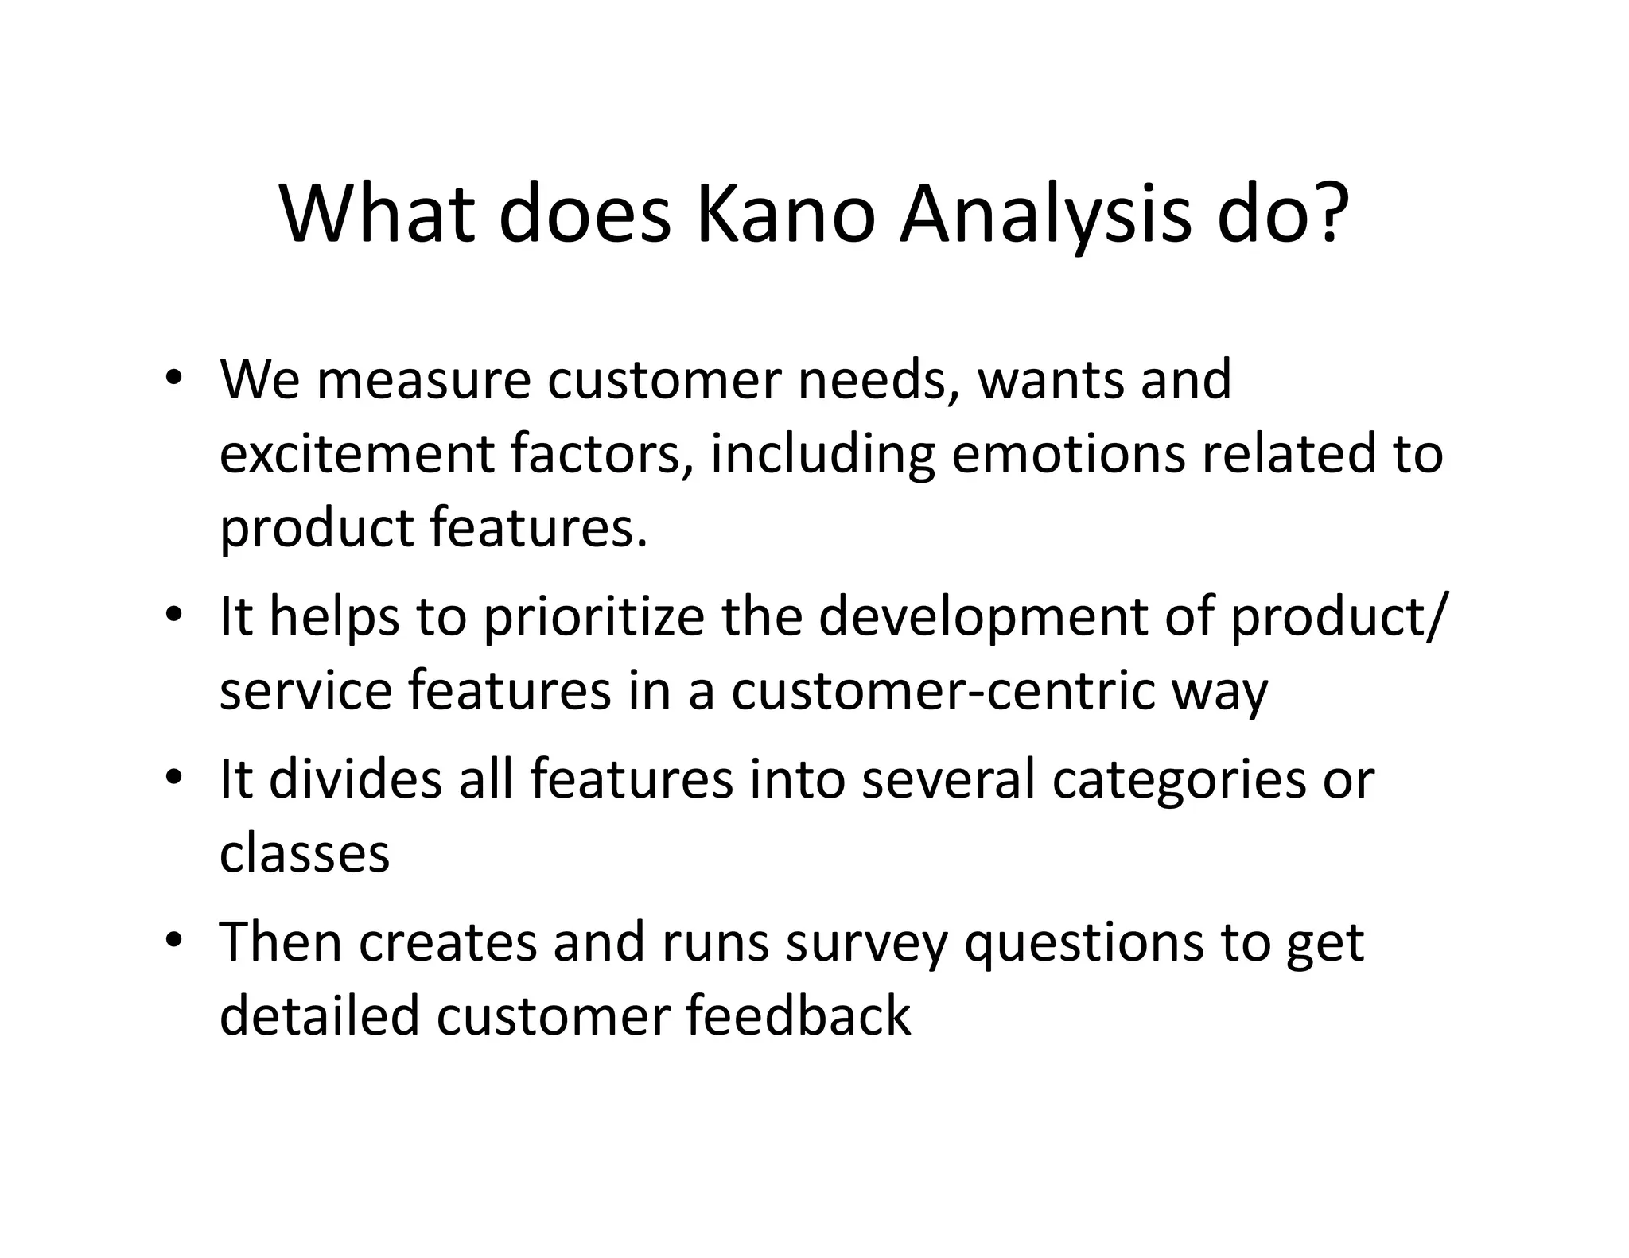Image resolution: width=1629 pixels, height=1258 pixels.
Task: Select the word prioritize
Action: pos(593,618)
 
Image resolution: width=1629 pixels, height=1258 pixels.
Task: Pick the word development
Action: pos(983,618)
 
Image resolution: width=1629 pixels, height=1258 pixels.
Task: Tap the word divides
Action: pos(355,779)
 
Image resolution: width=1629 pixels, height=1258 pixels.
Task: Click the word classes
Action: pos(305,854)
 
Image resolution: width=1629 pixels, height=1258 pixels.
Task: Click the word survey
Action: pos(867,945)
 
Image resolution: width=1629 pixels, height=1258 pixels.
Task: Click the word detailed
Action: pos(319,1016)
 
